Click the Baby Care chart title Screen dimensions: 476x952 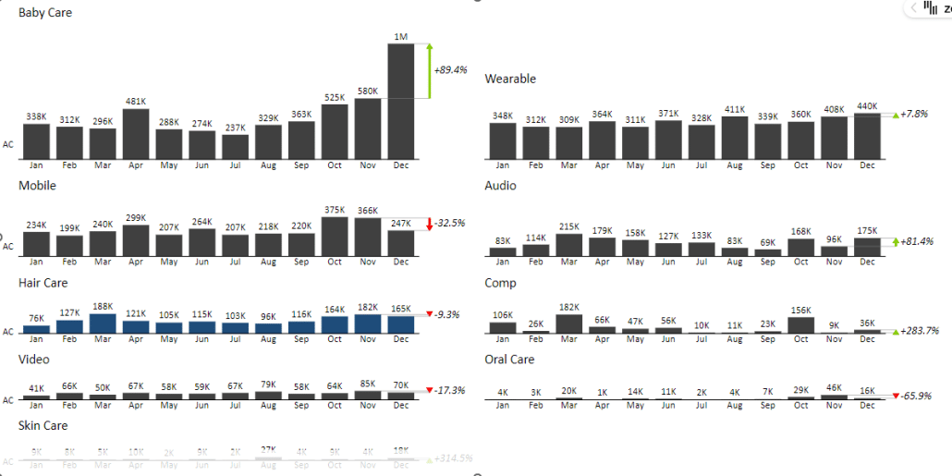(44, 13)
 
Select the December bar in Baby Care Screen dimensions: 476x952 (400, 102)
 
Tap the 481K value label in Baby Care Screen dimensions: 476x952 (136, 102)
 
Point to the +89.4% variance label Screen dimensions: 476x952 (450, 69)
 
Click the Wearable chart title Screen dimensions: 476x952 (510, 79)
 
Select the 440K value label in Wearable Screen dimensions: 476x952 (867, 106)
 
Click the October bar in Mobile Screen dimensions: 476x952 (335, 237)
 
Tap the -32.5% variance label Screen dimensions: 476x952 (450, 224)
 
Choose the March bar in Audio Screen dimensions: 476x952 (569, 245)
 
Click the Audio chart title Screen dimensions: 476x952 (500, 186)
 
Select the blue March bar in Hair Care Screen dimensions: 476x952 (103, 323)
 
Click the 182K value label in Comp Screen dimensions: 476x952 (569, 307)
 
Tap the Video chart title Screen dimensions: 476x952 (34, 360)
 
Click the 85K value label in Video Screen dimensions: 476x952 (368, 384)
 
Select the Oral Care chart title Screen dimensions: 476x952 (509, 360)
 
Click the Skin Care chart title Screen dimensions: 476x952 (43, 426)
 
